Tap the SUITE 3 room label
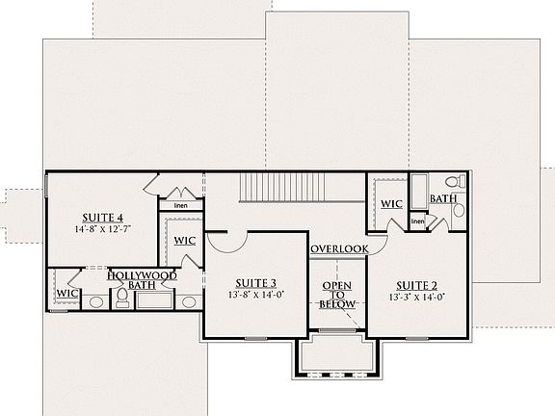pos(254,283)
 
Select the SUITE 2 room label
pos(416,285)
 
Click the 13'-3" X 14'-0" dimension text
pos(416,298)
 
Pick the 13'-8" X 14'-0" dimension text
pos(254,296)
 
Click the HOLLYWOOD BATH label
pos(133,279)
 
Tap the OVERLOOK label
pos(340,248)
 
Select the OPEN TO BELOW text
pos(338,295)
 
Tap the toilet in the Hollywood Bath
pos(121,300)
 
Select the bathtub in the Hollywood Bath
pos(153,299)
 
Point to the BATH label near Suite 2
pos(443,198)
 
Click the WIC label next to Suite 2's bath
pos(391,204)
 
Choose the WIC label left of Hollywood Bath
pos(66,293)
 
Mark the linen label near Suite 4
pos(180,205)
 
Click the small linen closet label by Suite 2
pos(417,222)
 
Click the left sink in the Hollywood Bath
pos(96,301)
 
